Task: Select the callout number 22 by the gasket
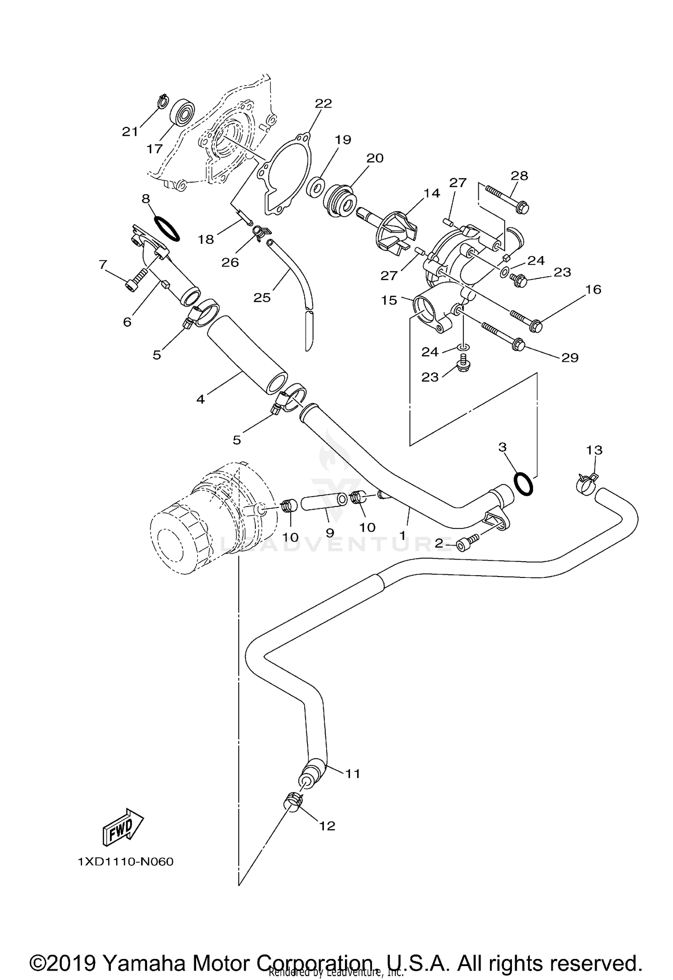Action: tap(323, 104)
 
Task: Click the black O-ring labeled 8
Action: tap(167, 228)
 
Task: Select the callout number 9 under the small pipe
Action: tap(330, 533)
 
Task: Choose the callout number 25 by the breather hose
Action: tap(262, 297)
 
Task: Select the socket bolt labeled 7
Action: tap(136, 283)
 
